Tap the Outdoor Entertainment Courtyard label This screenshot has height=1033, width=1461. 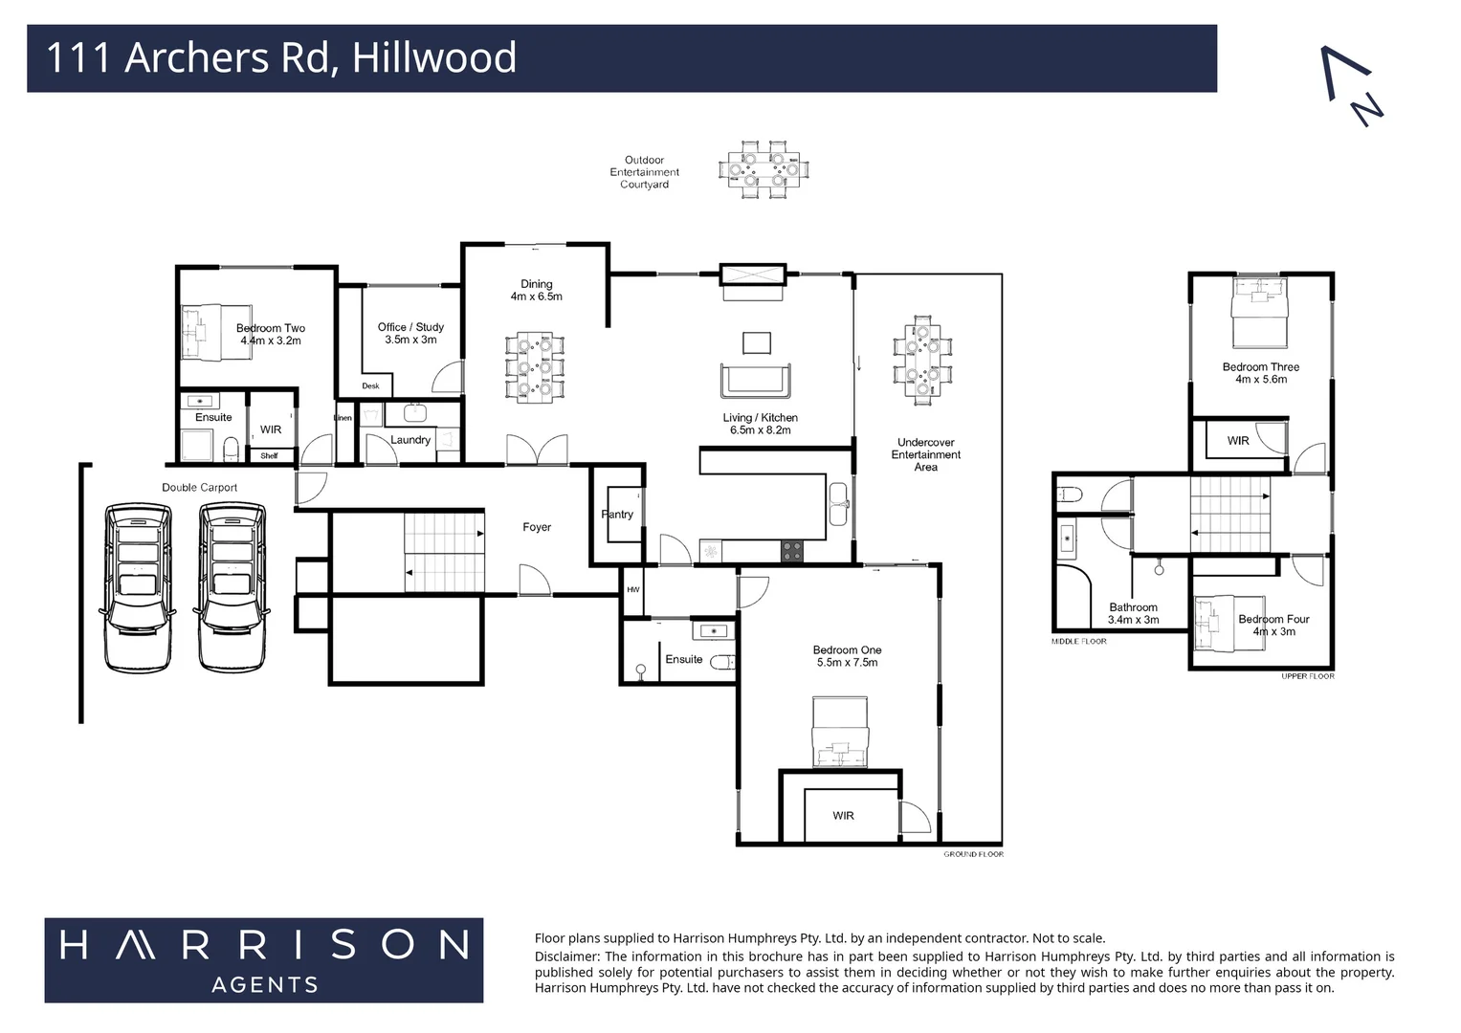pyautogui.click(x=644, y=172)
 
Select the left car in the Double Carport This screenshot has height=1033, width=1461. pyautogui.click(x=139, y=585)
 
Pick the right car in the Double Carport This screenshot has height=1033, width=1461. pyautogui.click(x=232, y=585)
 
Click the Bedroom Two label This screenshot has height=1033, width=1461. pyautogui.click(x=271, y=328)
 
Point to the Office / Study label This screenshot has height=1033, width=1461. pyautogui.click(x=410, y=327)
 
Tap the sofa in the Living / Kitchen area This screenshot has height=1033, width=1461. pyautogui.click(x=756, y=380)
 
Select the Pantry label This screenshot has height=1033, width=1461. pyautogui.click(x=617, y=515)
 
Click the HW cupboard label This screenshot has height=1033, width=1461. pyautogui.click(x=632, y=590)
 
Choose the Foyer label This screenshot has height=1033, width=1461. pyautogui.click(x=537, y=527)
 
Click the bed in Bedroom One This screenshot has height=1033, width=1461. pyautogui.click(x=840, y=733)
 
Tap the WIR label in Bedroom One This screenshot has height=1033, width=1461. pyautogui.click(x=843, y=816)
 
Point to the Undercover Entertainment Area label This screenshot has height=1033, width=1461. pyautogui.click(x=925, y=454)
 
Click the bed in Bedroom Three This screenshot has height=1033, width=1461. pyautogui.click(x=1260, y=311)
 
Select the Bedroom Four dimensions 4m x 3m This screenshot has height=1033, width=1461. pyautogui.click(x=1273, y=631)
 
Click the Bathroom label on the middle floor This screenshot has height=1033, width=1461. pyautogui.click(x=1133, y=607)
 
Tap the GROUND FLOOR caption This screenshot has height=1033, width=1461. pyautogui.click(x=973, y=854)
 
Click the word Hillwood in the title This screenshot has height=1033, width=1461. pyautogui.click(x=434, y=57)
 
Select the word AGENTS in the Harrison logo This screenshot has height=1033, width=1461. pyautogui.click(x=264, y=984)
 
